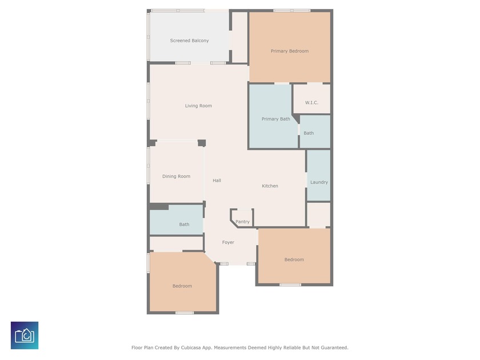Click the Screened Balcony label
tap(189, 41)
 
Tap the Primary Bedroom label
tap(290, 51)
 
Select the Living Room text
tap(198, 106)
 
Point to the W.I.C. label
tap(311, 102)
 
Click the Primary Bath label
tap(276, 119)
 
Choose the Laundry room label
tap(319, 182)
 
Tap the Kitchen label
tap(270, 186)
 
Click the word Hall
tap(217, 181)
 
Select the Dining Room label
tap(177, 177)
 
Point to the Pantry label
tap(242, 222)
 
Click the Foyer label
tap(228, 242)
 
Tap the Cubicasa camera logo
tap(25, 335)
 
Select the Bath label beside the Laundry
tap(309, 133)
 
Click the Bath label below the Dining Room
tap(184, 225)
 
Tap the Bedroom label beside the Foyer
tap(294, 259)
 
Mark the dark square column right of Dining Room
tap(202, 143)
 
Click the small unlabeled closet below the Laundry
tap(319, 215)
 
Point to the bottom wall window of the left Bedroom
tap(185, 313)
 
